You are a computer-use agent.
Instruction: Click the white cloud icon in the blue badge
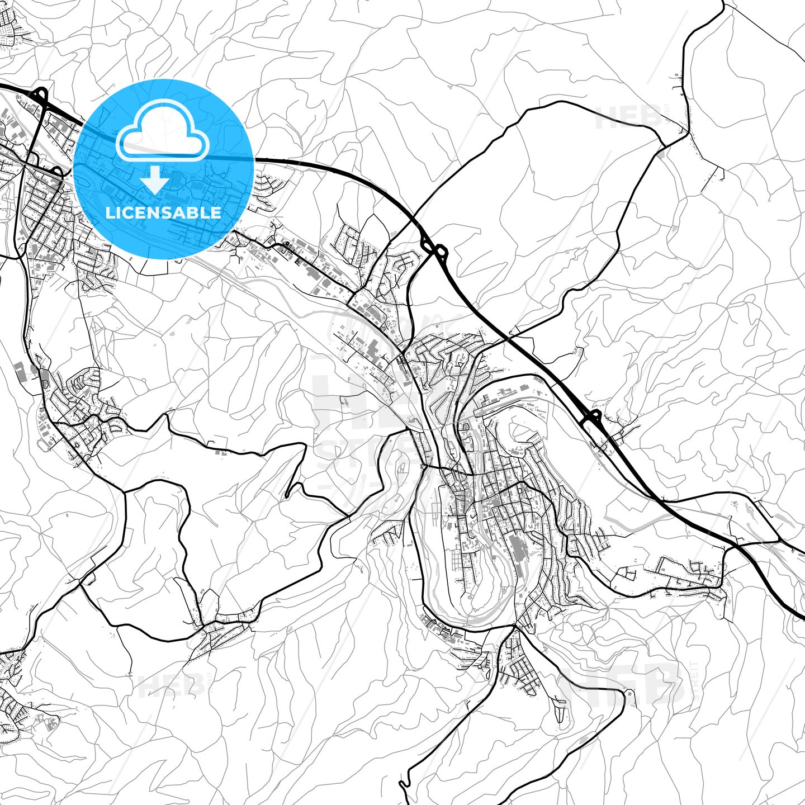click(162, 132)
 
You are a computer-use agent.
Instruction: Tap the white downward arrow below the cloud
click(155, 180)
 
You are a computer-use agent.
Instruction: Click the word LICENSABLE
click(163, 212)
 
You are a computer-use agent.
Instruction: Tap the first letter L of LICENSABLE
click(110, 212)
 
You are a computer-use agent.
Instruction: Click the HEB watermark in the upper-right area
click(629, 117)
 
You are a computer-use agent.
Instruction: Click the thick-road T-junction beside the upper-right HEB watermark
click(665, 145)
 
